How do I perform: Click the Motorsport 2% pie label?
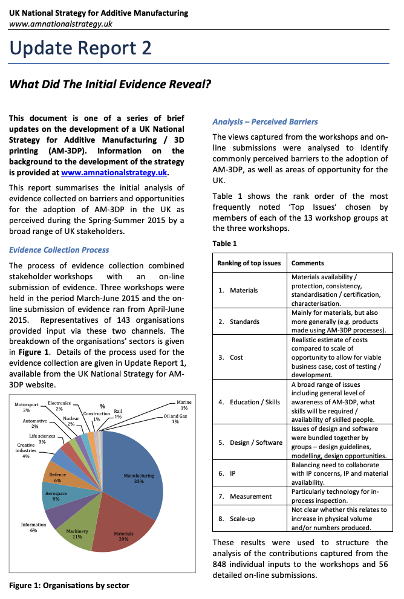[x=26, y=406]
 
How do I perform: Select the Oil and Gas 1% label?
[x=175, y=418]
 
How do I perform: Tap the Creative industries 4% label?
[x=26, y=451]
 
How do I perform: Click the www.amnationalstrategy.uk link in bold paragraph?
[x=114, y=172]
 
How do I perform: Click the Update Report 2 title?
[x=80, y=48]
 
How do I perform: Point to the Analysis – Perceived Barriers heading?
[x=265, y=121]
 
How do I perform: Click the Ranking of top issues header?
[x=249, y=263]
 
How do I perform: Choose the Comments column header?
[x=308, y=263]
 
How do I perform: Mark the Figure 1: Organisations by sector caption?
[x=69, y=585]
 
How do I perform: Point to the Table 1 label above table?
[x=224, y=243]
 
